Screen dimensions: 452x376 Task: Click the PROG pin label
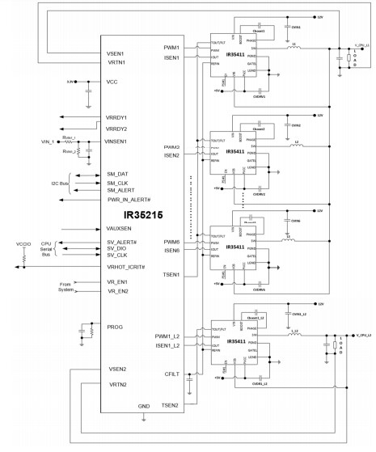coord(116,327)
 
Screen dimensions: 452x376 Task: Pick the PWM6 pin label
coord(170,242)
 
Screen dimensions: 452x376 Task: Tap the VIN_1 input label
coord(36,141)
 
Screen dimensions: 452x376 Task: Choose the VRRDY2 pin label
coord(117,129)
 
